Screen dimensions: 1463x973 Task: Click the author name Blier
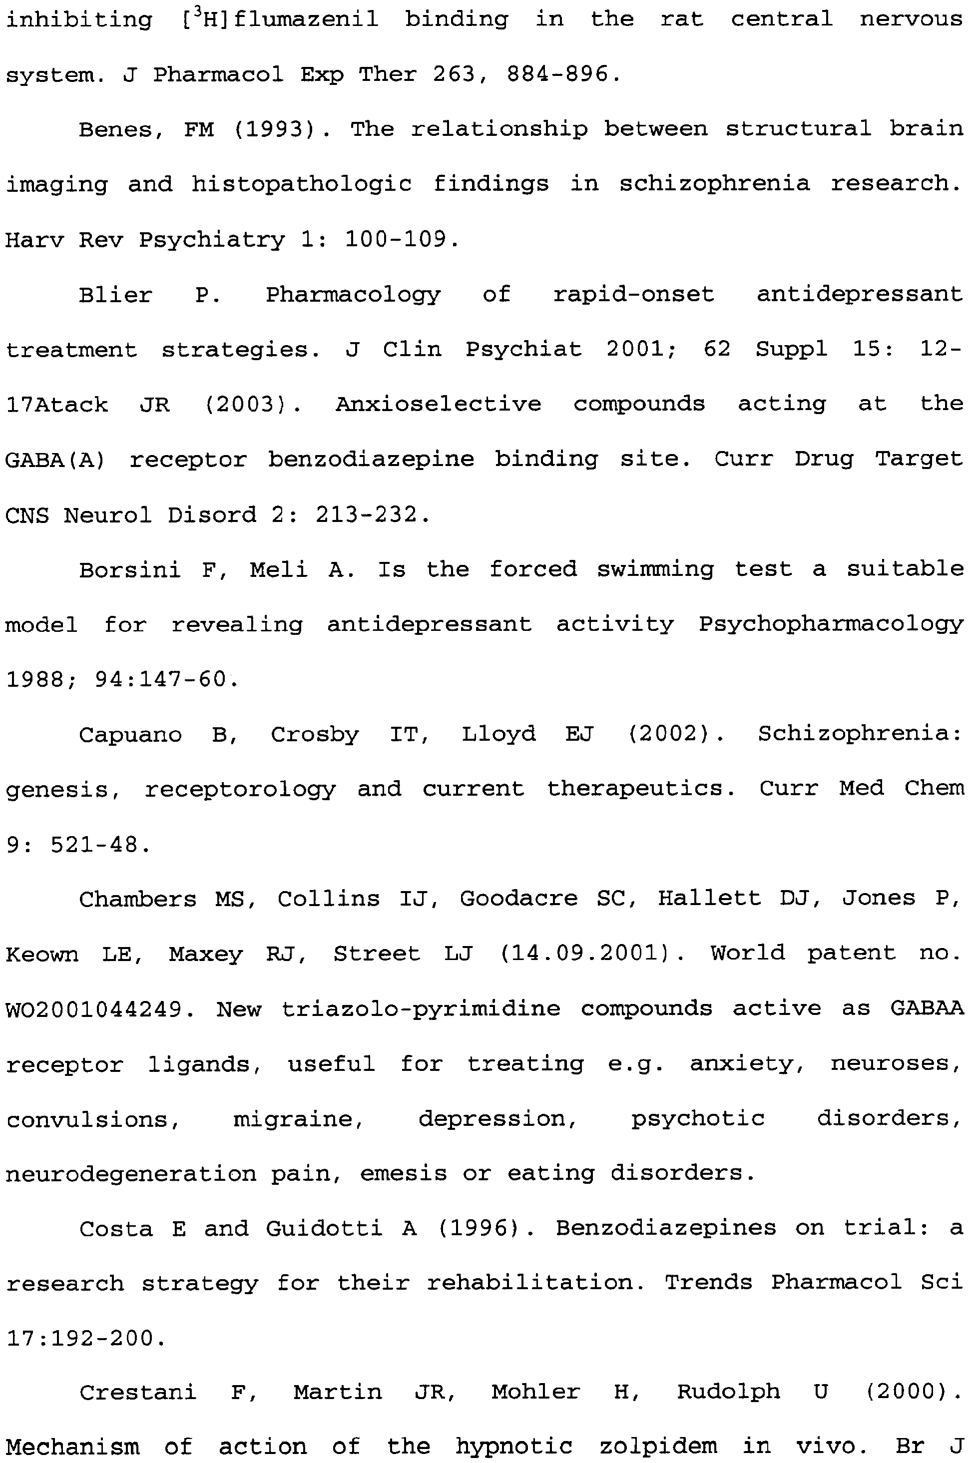pos(115,295)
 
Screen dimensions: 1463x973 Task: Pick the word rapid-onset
pos(633,295)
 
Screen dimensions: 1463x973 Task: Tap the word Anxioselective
pos(438,405)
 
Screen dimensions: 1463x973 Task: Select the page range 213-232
pos(366,515)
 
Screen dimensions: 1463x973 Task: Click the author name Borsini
pos(130,569)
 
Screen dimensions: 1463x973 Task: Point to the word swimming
pos(655,569)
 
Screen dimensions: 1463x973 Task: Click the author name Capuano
pos(130,735)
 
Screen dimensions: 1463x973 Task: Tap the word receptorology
pos(240,790)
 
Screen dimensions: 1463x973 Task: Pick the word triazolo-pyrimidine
pos(421,1009)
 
